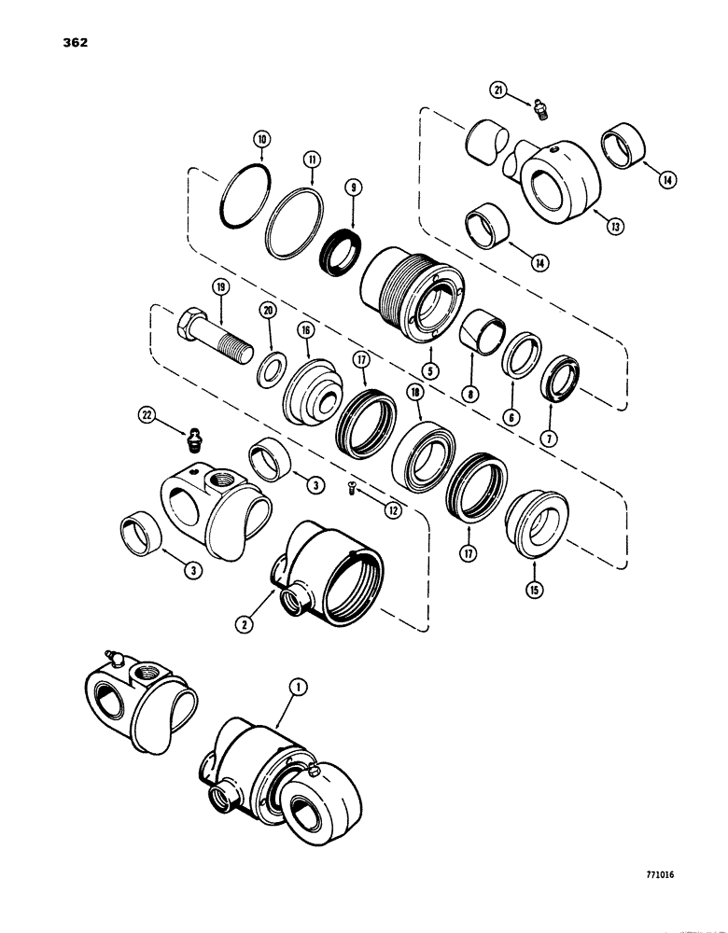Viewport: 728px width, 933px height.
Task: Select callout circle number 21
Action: pos(500,90)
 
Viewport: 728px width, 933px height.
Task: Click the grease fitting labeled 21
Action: pos(539,110)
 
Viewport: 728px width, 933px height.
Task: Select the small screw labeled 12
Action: pos(353,485)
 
